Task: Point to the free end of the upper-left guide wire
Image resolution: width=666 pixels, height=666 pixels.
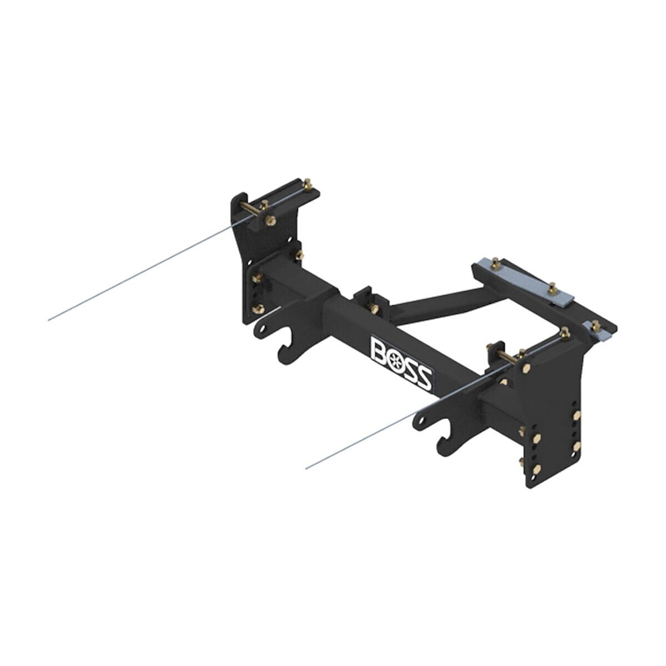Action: pyautogui.click(x=49, y=320)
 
